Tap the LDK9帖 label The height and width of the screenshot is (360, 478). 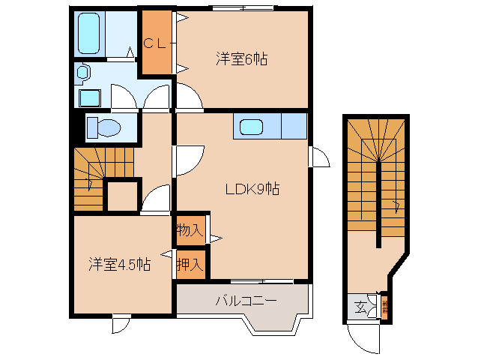[x=253, y=190]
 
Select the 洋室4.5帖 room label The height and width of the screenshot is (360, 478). [x=120, y=264]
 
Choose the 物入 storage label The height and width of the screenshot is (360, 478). [x=190, y=230]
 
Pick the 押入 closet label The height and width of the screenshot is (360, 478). [x=190, y=264]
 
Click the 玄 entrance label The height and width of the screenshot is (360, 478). [x=360, y=307]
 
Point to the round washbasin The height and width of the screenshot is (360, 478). [x=82, y=73]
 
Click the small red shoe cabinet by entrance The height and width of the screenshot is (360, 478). [x=384, y=306]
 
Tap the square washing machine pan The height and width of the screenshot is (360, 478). [x=90, y=98]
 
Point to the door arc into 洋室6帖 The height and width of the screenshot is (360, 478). [x=188, y=97]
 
